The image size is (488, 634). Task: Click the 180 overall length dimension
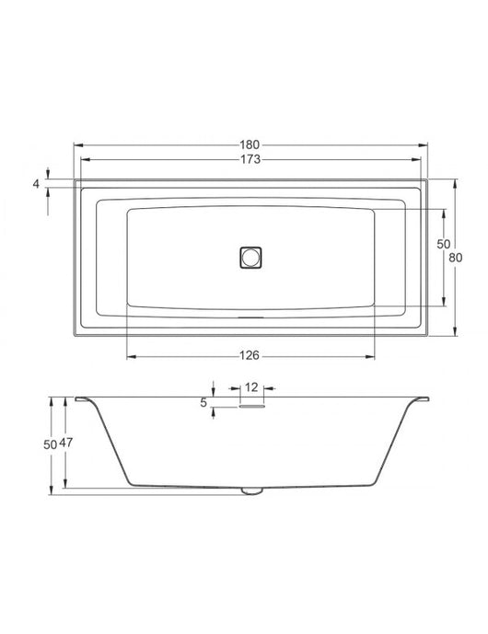coord(250,144)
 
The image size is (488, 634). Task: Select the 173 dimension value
coord(250,160)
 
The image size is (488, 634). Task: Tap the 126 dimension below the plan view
coord(250,356)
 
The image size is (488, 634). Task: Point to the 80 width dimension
coord(456,258)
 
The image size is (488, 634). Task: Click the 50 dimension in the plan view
coord(444,244)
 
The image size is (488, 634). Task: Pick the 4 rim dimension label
coord(37,184)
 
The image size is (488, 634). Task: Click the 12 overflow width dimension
coord(251,387)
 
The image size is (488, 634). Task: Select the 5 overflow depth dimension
coord(203,403)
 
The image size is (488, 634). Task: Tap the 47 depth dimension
coord(66,443)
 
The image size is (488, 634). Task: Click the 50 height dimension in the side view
coord(50,444)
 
